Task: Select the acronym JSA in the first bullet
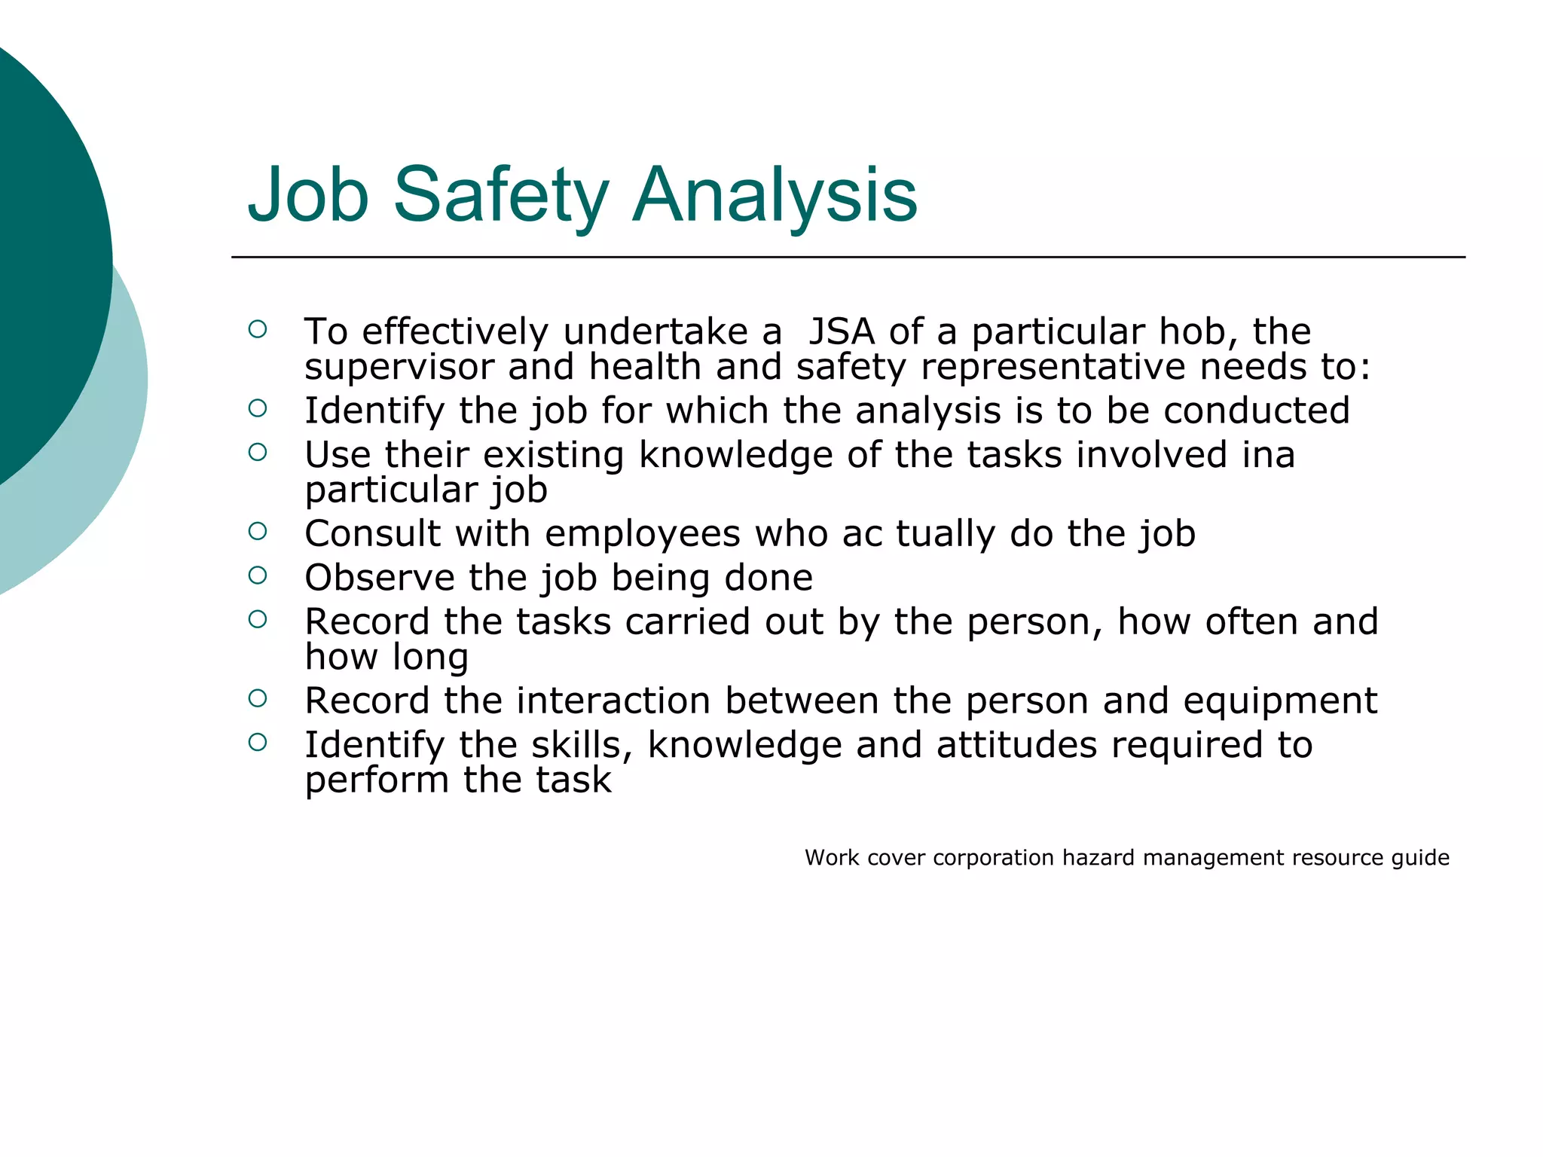coord(842,331)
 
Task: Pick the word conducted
coord(1256,411)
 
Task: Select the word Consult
coord(372,534)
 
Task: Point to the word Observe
coord(379,578)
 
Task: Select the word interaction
coord(613,701)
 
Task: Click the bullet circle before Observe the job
coord(258,575)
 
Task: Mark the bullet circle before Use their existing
coord(258,452)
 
